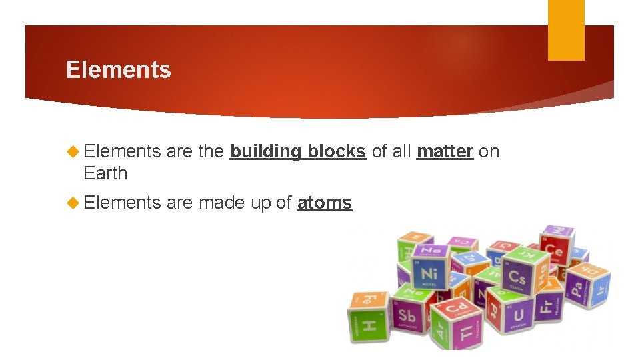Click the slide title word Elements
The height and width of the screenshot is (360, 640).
coord(119,70)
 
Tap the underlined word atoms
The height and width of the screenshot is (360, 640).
coord(324,203)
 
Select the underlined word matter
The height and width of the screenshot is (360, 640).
coord(445,152)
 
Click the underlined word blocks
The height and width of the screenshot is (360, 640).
coord(337,152)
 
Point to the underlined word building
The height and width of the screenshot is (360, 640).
coord(265,152)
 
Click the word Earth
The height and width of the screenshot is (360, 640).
coord(105,173)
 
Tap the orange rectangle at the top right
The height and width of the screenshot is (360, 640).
coord(566,30)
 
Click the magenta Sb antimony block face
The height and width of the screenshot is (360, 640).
coord(407,315)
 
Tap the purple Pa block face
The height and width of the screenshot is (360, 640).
coord(576,289)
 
